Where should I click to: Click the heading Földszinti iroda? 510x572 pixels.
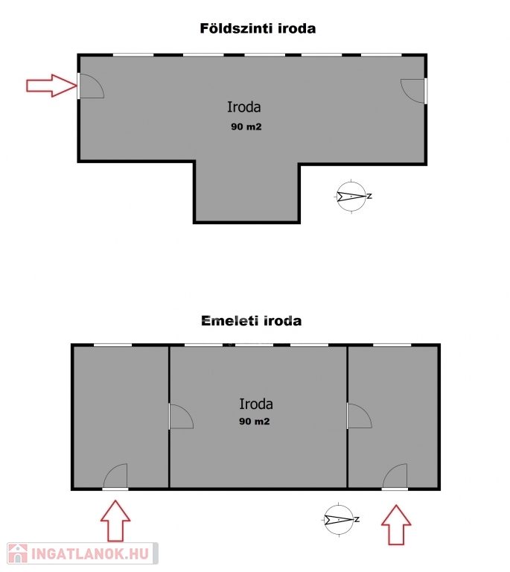(258, 28)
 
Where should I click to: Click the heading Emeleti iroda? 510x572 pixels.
(252, 321)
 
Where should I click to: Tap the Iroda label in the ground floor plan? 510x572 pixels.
(244, 107)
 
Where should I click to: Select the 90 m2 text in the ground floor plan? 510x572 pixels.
(246, 127)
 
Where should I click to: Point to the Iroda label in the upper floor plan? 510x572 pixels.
(256, 404)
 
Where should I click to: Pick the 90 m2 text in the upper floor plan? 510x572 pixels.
(255, 422)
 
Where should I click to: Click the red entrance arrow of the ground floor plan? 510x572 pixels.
(51, 86)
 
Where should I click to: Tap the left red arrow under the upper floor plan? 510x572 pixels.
(115, 521)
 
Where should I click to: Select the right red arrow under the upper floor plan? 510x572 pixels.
(396, 524)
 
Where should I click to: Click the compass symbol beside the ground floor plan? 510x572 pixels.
(351, 197)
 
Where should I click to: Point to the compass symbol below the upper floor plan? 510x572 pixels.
(340, 519)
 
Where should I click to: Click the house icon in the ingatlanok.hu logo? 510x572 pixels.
(18, 553)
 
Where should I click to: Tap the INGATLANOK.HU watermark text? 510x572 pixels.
(89, 554)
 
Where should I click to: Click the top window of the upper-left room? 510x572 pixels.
(112, 345)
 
